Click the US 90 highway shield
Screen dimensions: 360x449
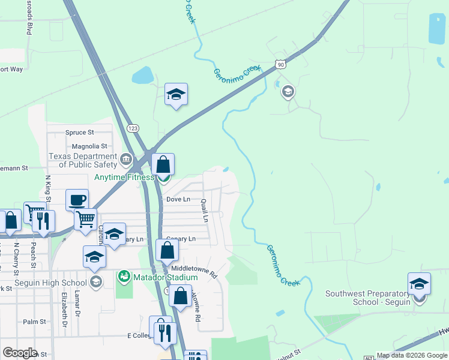tap(280, 64)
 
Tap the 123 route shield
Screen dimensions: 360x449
tap(133, 128)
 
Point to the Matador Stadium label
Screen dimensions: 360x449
tap(166, 277)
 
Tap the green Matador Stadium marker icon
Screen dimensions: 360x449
tap(124, 277)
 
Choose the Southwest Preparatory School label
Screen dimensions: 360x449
tap(368, 298)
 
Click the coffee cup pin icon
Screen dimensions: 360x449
tap(76, 200)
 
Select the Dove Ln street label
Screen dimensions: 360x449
tap(178, 199)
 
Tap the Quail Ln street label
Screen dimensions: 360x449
tap(205, 211)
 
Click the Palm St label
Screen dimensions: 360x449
tap(34, 322)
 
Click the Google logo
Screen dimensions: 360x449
tap(20, 353)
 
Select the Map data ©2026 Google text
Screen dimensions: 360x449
tap(411, 356)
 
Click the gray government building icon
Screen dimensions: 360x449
tap(126, 159)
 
